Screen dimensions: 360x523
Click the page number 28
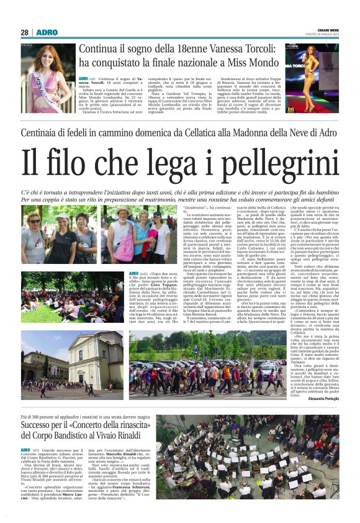pos(25,32)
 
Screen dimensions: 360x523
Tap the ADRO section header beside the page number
pos(47,32)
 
